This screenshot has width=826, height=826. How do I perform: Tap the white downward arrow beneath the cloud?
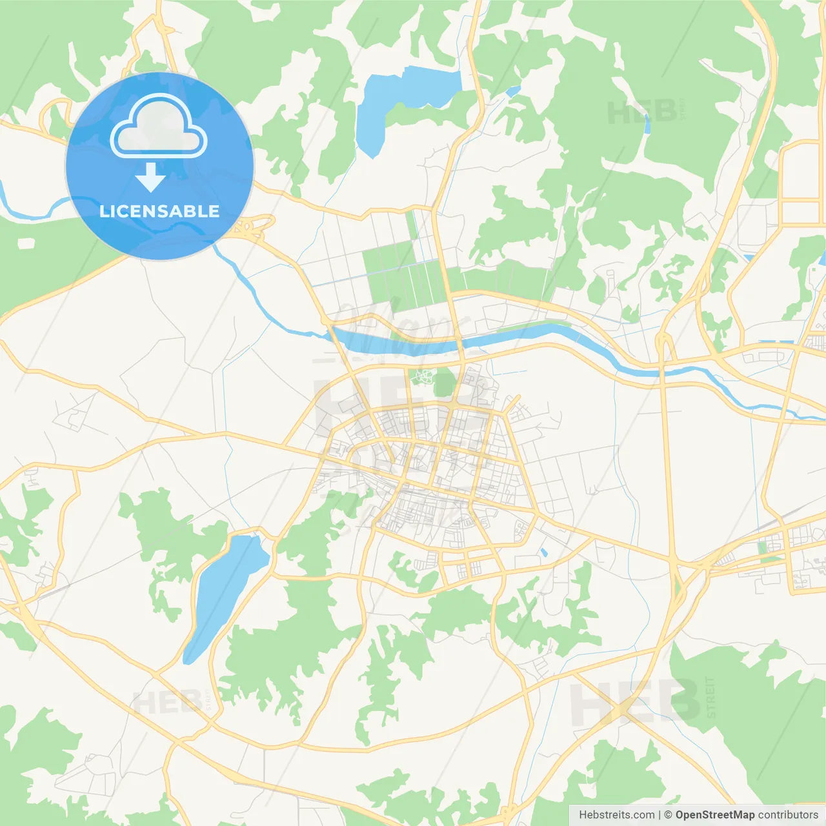click(x=151, y=177)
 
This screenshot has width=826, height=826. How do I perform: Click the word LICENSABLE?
click(x=159, y=211)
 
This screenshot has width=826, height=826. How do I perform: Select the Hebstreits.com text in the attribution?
click(x=616, y=815)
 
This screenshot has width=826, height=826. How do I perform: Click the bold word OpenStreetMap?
click(x=715, y=815)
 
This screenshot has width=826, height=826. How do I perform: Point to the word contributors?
click(x=788, y=815)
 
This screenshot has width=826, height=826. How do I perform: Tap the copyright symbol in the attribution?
click(x=668, y=815)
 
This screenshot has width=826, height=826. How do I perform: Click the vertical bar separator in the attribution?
click(x=660, y=815)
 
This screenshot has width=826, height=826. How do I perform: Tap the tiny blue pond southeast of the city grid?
click(x=544, y=552)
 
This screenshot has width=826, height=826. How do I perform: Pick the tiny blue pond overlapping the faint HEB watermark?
click(x=647, y=123)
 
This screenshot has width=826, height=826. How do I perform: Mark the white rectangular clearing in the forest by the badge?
click(x=25, y=243)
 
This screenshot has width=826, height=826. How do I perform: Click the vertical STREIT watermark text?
click(x=710, y=697)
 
